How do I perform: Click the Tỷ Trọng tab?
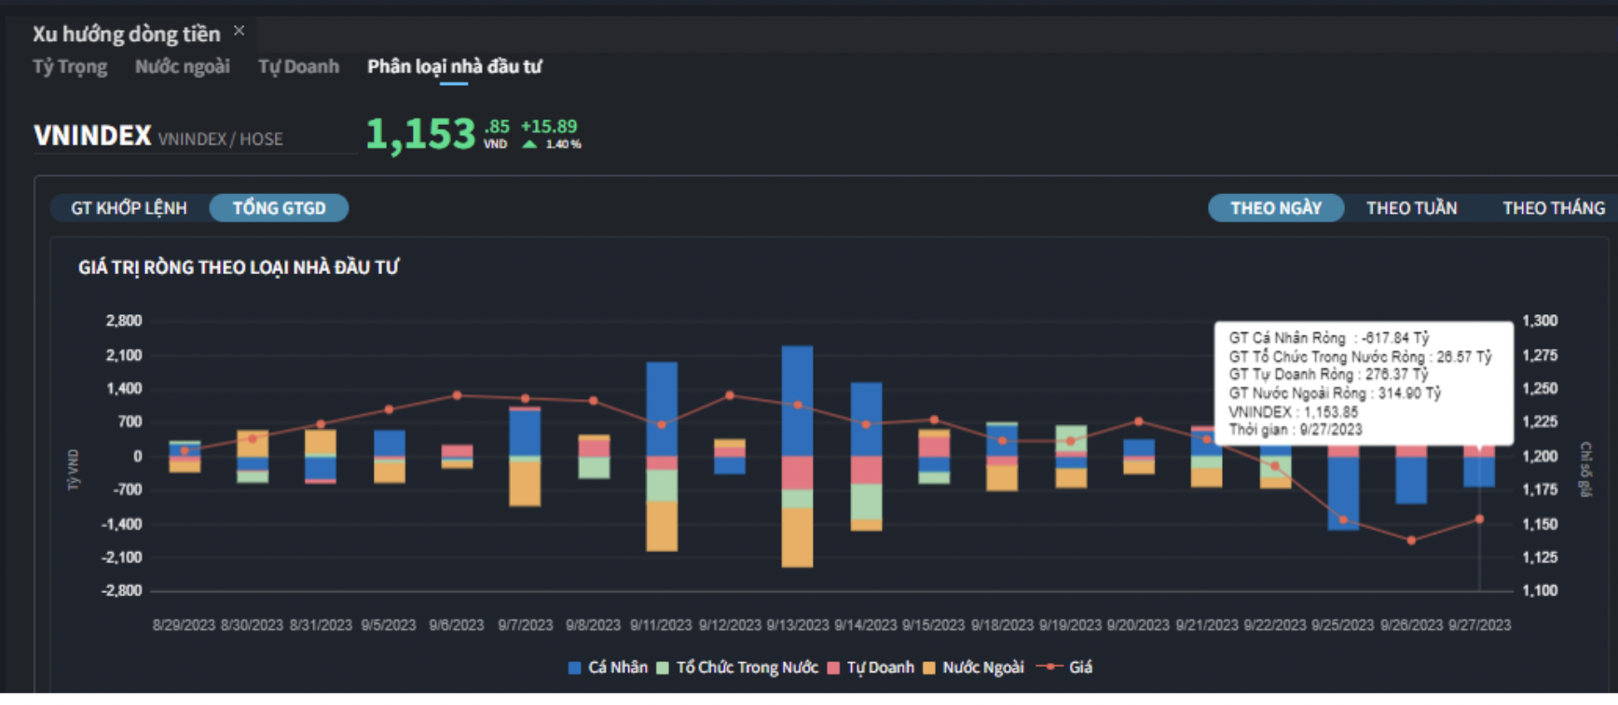point(70,67)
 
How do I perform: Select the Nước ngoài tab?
point(182,67)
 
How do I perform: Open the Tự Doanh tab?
point(298,67)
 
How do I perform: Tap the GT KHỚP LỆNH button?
point(129,208)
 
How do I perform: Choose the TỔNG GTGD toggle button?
point(279,208)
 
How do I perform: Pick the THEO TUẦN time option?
point(1411,208)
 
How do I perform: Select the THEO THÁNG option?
point(1553,208)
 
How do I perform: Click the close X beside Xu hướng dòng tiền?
point(240,31)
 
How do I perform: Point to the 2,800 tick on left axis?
point(124,321)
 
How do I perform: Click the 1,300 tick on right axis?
point(1540,321)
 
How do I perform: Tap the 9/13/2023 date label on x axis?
point(798,625)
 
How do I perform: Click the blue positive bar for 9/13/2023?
point(797,401)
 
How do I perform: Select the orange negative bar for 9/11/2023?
point(662,526)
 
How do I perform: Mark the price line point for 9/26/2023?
point(1411,540)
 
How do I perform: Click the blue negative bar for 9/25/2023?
point(1343,492)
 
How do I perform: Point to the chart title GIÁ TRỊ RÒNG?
point(239,268)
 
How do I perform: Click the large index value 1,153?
point(420,134)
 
